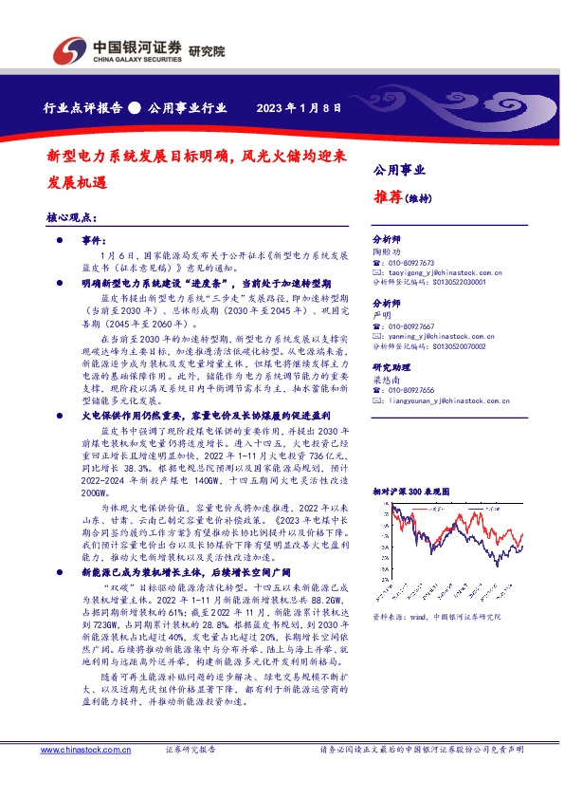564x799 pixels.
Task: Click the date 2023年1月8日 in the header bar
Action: pos(299,107)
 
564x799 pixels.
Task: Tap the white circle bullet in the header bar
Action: pos(135,107)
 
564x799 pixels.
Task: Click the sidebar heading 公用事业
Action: pos(399,171)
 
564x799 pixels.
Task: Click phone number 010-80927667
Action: pos(409,325)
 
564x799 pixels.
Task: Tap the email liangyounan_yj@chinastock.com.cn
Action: pos(439,399)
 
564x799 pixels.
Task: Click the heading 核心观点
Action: pos(73,218)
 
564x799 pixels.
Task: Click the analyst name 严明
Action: pos(380,315)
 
